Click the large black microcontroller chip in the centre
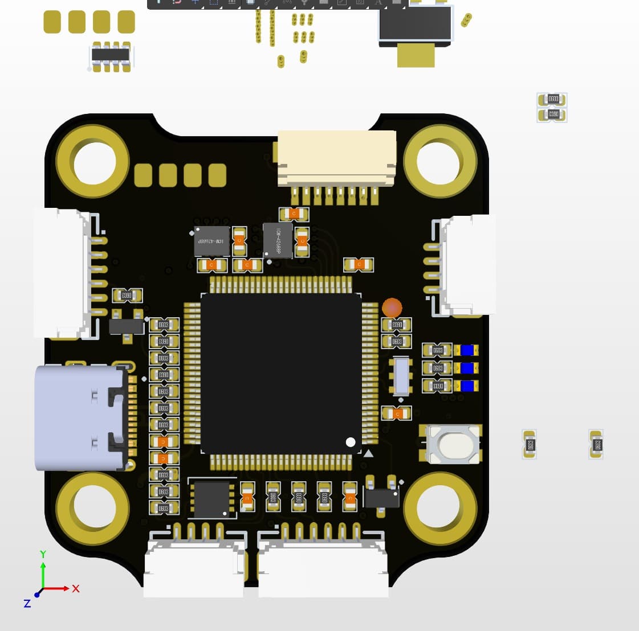[281, 373]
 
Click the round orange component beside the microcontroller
[392, 308]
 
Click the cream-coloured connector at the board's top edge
[336, 158]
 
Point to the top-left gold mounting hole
[95, 162]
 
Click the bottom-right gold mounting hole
[439, 507]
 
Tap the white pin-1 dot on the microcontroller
[351, 442]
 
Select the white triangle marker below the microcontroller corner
[368, 453]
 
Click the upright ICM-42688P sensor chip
[278, 240]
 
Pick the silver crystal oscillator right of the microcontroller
[401, 376]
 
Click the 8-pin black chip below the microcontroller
[212, 499]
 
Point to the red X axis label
[76, 588]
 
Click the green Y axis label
[43, 554]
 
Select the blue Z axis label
[27, 603]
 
